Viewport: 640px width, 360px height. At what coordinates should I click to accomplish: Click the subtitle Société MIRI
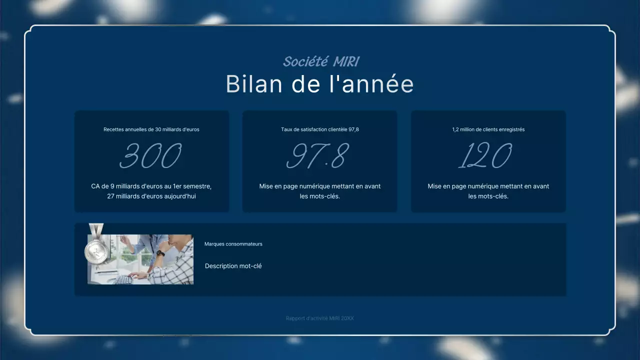[x=320, y=61]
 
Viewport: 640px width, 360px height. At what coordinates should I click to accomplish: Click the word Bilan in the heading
[x=254, y=84]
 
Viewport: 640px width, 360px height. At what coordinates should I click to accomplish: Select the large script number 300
[x=151, y=156]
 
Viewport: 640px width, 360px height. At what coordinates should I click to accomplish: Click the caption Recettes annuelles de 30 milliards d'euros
[x=151, y=129]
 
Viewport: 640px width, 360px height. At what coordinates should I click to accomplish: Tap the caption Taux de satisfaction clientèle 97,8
[x=320, y=129]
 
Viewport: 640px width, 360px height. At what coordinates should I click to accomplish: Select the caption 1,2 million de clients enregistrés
[x=488, y=129]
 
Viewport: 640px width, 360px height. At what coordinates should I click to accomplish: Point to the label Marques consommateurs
[x=233, y=244]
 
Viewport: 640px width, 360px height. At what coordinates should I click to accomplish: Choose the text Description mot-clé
[x=233, y=266]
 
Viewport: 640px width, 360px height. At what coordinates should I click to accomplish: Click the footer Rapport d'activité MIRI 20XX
[x=320, y=318]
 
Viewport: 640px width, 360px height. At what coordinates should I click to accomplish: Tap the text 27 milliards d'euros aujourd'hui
[x=151, y=196]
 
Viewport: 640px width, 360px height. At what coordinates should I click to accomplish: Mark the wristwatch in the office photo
[x=160, y=253]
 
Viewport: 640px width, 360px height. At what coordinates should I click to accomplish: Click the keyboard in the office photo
[x=123, y=279]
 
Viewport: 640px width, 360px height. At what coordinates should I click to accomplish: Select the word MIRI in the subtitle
[x=345, y=61]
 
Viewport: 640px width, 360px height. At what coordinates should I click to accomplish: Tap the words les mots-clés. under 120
[x=488, y=196]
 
